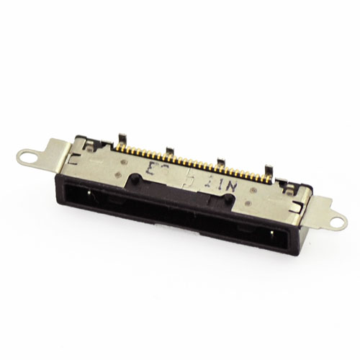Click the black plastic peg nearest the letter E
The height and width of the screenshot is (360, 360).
[x=136, y=177]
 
